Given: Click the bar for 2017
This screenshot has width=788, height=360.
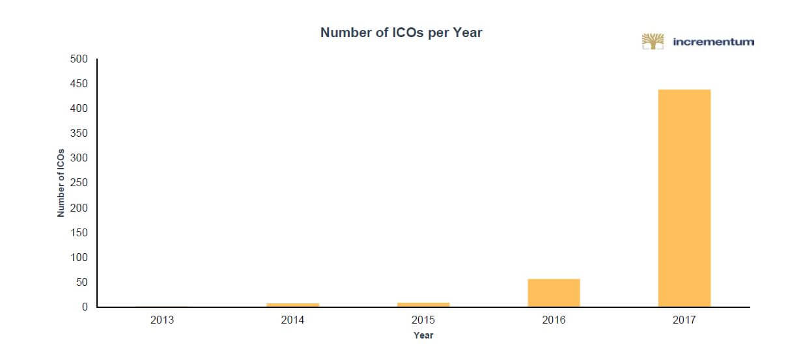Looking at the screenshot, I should [x=684, y=198].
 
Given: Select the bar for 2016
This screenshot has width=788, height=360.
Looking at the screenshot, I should [x=554, y=293].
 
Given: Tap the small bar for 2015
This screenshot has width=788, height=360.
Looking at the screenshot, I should [x=423, y=304].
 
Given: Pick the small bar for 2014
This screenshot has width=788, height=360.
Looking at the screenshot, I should [x=293, y=305].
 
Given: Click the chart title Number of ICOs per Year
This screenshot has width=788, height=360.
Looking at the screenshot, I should [x=401, y=33].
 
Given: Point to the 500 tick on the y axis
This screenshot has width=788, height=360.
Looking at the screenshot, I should [x=79, y=59].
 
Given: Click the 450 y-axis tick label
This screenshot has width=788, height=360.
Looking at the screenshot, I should [x=79, y=84].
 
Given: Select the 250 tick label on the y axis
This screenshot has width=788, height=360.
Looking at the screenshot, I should [x=79, y=183].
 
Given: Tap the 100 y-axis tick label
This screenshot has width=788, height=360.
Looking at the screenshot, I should [x=79, y=258].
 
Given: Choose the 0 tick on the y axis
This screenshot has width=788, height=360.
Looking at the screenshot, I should [x=84, y=307].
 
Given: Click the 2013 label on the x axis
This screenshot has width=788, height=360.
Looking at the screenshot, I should [x=163, y=320].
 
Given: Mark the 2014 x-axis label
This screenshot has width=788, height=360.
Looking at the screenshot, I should [x=293, y=320].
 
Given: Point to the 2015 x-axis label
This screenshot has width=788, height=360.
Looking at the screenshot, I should [x=423, y=320].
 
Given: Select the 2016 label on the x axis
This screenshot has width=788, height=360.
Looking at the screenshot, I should [x=554, y=320].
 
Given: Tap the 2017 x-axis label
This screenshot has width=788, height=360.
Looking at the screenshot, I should [x=684, y=320].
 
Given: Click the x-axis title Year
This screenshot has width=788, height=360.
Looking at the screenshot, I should [x=423, y=336].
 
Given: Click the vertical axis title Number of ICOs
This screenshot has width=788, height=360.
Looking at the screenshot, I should [x=61, y=183].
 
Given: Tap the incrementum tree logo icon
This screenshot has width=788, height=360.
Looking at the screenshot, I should [x=652, y=42].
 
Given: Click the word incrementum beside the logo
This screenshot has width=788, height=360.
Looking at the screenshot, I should [x=713, y=42].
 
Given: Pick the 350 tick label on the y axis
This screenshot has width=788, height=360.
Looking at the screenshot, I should [x=79, y=133].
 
